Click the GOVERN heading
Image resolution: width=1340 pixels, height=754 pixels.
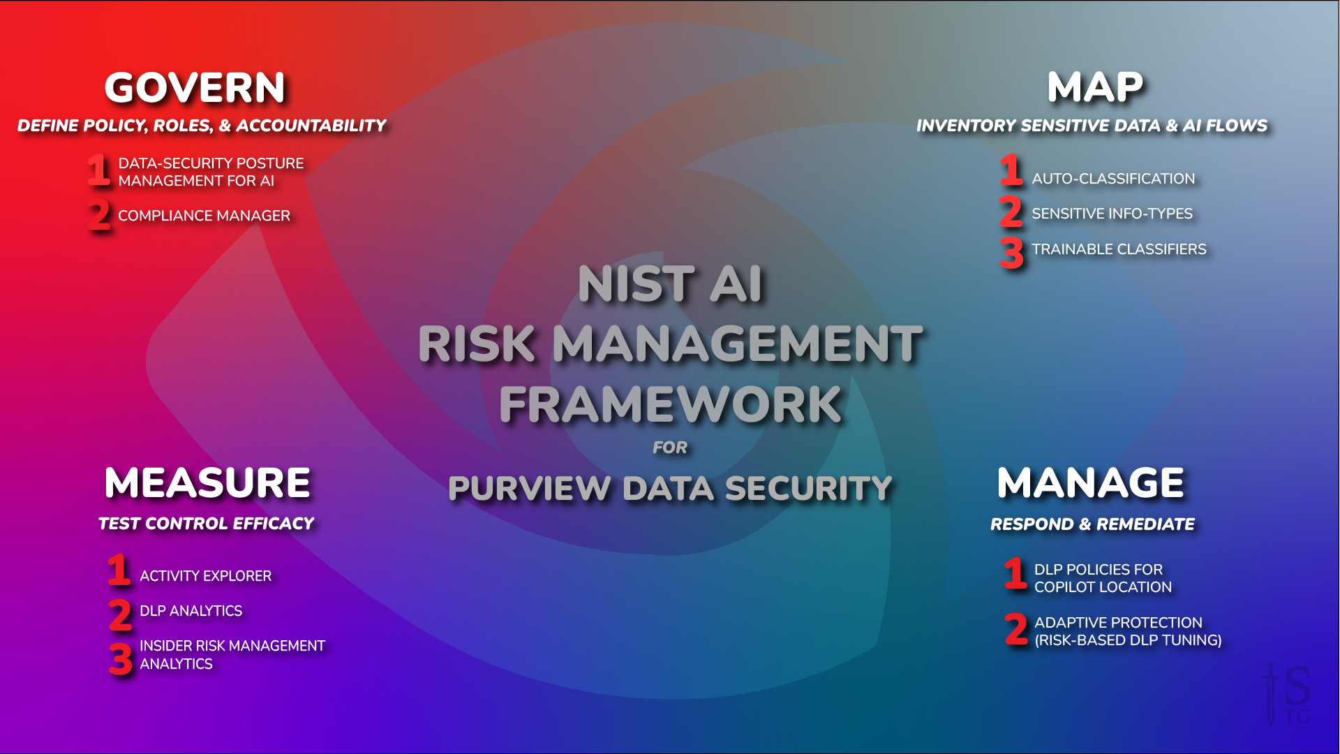(x=195, y=88)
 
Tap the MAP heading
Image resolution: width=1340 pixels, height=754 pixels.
(x=1094, y=88)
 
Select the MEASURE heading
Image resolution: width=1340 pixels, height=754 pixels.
(x=207, y=482)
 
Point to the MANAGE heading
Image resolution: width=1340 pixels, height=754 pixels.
(x=1090, y=482)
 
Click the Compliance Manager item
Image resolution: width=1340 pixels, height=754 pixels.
(x=204, y=216)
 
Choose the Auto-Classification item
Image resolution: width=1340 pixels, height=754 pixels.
(x=1113, y=179)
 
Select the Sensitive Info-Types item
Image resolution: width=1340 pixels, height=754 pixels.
(x=1112, y=214)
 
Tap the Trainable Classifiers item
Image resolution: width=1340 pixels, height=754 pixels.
(x=1119, y=249)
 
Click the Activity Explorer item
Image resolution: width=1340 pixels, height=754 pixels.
(x=205, y=576)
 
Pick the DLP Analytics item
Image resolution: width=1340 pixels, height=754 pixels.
(x=191, y=611)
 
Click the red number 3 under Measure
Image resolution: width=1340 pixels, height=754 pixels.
(x=120, y=659)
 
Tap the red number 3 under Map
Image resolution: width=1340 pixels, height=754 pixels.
(x=1011, y=253)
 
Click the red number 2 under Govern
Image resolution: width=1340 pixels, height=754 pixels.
(x=99, y=215)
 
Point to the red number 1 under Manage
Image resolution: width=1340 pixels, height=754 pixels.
(x=1015, y=573)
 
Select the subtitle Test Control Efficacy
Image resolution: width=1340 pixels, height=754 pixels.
(x=206, y=524)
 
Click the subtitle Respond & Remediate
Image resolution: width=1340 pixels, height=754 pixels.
(x=1092, y=524)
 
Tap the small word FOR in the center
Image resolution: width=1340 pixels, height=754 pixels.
(x=670, y=448)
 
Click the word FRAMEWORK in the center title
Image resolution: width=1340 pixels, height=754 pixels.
(x=670, y=405)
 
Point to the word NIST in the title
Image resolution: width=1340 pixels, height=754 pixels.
(x=636, y=284)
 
